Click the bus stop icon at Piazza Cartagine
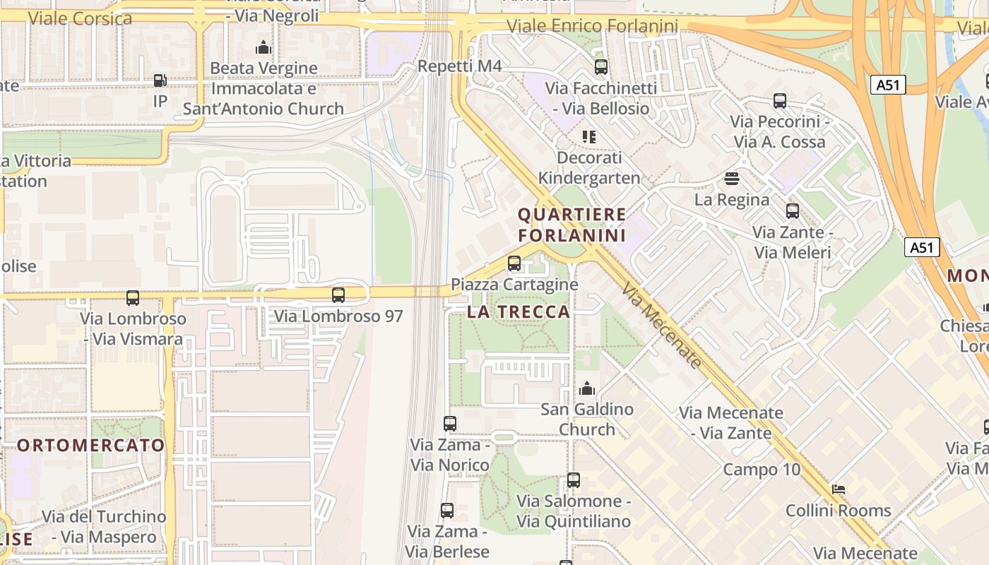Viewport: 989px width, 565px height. [x=514, y=263]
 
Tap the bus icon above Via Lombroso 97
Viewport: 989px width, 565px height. [x=338, y=295]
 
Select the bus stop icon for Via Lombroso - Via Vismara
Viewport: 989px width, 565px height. [x=133, y=298]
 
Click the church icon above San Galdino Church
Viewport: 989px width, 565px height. [x=587, y=388]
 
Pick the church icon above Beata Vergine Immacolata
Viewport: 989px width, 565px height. [x=263, y=47]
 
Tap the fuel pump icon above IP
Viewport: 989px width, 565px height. [x=160, y=81]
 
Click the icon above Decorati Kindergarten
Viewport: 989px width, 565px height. [x=589, y=136]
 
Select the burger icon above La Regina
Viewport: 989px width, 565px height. [x=732, y=179]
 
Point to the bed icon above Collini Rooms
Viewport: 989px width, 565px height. [x=839, y=489]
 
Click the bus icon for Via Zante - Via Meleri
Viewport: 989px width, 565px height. [x=793, y=211]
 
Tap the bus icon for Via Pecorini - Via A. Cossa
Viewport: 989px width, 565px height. [x=780, y=101]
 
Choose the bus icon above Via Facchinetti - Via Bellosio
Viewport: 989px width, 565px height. [x=601, y=67]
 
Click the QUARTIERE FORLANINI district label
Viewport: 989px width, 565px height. [x=572, y=225]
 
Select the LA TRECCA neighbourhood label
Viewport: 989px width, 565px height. [x=519, y=311]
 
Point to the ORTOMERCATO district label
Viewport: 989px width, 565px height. [x=90, y=446]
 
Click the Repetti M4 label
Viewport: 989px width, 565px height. [x=460, y=66]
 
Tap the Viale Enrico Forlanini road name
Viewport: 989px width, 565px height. [x=593, y=27]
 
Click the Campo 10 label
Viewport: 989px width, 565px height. [x=762, y=470]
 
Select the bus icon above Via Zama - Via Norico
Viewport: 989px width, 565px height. [x=450, y=424]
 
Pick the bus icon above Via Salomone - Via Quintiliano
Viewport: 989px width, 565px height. [x=574, y=480]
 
